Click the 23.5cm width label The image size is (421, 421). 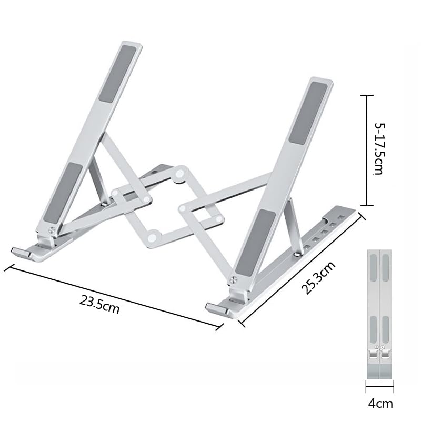(x=100, y=305)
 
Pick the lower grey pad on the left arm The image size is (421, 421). (x=63, y=192)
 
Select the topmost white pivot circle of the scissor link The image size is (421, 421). (x=180, y=172)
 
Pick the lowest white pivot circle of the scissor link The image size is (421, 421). (x=152, y=238)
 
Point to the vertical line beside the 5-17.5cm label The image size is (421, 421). (x=367, y=150)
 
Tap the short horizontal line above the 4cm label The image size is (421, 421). (x=379, y=390)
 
